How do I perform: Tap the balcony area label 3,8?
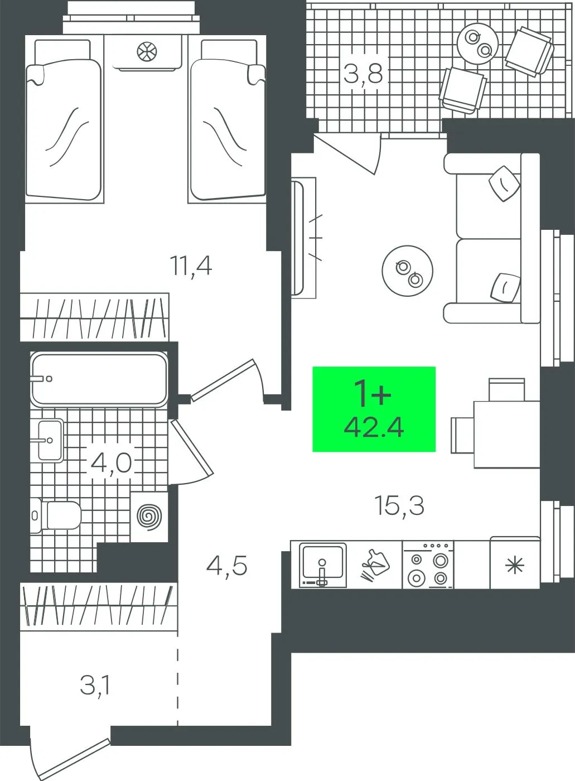point(364,74)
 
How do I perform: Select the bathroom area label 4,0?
point(111,464)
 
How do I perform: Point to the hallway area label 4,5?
point(227,566)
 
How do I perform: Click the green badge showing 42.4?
point(374,409)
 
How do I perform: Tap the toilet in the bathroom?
point(56,515)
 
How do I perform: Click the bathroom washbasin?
point(51,440)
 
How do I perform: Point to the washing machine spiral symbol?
point(149,517)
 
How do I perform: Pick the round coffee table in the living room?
point(408,271)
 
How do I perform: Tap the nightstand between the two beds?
point(146,52)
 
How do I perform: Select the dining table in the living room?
point(507,434)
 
